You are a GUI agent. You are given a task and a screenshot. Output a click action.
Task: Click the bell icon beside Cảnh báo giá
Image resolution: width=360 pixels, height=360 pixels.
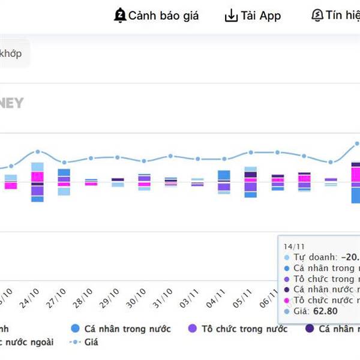pyautogui.click(x=120, y=16)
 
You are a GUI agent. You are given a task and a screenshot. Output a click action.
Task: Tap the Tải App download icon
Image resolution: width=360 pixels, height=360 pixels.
pyautogui.click(x=231, y=16)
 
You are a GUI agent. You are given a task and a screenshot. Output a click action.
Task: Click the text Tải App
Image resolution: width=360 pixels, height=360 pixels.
pyautogui.click(x=261, y=16)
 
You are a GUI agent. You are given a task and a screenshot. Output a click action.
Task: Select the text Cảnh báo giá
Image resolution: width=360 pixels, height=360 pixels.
pyautogui.click(x=163, y=16)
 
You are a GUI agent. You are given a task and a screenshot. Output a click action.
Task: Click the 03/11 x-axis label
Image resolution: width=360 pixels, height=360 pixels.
pyautogui.click(x=192, y=298)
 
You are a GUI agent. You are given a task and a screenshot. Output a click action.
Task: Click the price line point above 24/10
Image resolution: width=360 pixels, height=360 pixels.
pyautogui.click(x=37, y=152)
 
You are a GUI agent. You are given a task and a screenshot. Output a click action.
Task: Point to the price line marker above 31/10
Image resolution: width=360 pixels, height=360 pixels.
pyautogui.click(x=170, y=156)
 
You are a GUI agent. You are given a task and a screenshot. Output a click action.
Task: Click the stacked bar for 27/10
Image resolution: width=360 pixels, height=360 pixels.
pyautogui.click(x=64, y=182)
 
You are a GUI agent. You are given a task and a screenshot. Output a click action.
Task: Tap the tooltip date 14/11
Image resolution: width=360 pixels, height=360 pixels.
pyautogui.click(x=294, y=246)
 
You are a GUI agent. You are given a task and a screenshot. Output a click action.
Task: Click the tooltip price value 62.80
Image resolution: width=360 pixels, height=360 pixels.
pyautogui.click(x=326, y=311)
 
